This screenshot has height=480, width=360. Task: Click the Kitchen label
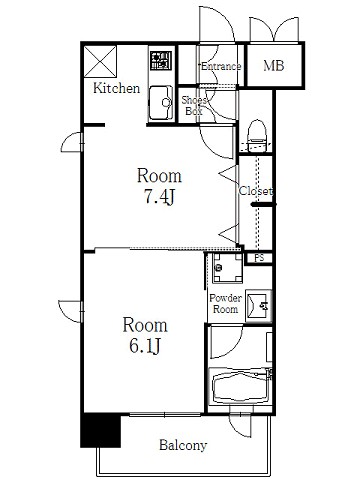click(116, 88)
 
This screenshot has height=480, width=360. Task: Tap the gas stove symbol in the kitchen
click(161, 61)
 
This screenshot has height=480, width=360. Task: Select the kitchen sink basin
click(161, 103)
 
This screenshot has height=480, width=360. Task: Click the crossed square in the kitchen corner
click(100, 61)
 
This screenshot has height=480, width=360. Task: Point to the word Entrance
click(221, 66)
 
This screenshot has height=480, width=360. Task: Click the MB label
click(274, 66)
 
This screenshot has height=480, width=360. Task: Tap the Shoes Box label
click(194, 105)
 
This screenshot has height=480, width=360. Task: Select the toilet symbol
click(257, 136)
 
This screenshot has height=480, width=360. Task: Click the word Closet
click(256, 191)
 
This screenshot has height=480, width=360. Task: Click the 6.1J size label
click(145, 347)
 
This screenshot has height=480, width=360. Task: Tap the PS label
click(259, 258)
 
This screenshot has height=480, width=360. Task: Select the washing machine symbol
click(228, 268)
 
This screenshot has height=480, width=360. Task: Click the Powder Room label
click(225, 303)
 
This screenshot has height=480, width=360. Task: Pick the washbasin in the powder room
click(258, 306)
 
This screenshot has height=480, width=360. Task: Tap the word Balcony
click(183, 445)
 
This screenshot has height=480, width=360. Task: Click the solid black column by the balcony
click(101, 430)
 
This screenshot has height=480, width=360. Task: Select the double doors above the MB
click(274, 29)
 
